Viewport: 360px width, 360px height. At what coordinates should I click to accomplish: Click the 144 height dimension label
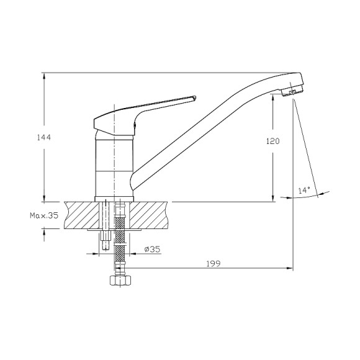[44, 137]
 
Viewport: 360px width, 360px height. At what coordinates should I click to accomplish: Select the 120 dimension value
[272, 141]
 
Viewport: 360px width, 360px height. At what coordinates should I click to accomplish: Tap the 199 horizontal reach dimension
[214, 264]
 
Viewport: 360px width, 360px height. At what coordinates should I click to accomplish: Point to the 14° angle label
[304, 190]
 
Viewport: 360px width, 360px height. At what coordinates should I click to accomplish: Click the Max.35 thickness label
[44, 215]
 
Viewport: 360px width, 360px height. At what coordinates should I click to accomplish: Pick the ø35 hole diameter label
[152, 249]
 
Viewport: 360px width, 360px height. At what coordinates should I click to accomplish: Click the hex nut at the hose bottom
[120, 281]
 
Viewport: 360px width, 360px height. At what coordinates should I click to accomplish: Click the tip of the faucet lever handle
[195, 98]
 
